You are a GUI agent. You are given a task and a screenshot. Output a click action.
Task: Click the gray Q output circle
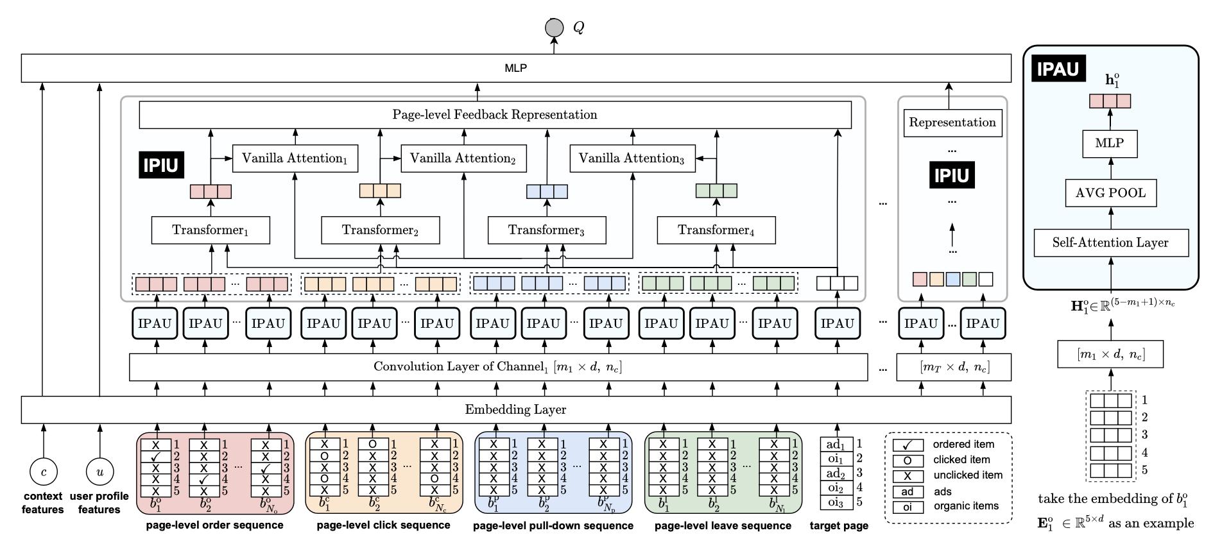(x=554, y=28)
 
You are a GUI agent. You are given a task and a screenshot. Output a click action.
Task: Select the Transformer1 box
(x=211, y=230)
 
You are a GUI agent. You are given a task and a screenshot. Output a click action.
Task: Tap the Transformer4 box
(x=716, y=230)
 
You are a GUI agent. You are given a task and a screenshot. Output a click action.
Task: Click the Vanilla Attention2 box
(x=463, y=158)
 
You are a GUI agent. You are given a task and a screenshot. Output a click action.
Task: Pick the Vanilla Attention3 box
(x=632, y=158)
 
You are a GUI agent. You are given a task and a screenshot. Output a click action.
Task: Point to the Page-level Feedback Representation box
(x=495, y=115)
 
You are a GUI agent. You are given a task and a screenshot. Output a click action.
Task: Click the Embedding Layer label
(x=515, y=409)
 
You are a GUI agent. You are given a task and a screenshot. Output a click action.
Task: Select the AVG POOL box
(x=1111, y=193)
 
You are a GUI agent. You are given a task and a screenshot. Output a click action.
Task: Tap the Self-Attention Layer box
(x=1111, y=242)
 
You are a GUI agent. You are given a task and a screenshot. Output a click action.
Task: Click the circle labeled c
(x=44, y=472)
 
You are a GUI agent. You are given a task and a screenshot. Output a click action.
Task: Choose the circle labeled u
(x=99, y=472)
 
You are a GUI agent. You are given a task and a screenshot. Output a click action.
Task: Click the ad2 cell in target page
(x=836, y=473)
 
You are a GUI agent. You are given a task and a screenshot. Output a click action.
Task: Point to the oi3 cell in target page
(x=836, y=502)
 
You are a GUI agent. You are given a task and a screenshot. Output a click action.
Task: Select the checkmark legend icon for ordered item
(x=908, y=445)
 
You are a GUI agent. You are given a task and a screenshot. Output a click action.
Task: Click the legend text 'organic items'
(x=966, y=506)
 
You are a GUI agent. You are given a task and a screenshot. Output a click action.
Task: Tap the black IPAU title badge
(x=1058, y=69)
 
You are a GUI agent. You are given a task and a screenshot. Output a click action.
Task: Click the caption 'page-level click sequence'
(x=383, y=525)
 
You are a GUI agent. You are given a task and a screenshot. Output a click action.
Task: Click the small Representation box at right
(x=952, y=123)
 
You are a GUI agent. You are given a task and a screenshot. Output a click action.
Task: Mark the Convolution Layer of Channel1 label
(x=497, y=367)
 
